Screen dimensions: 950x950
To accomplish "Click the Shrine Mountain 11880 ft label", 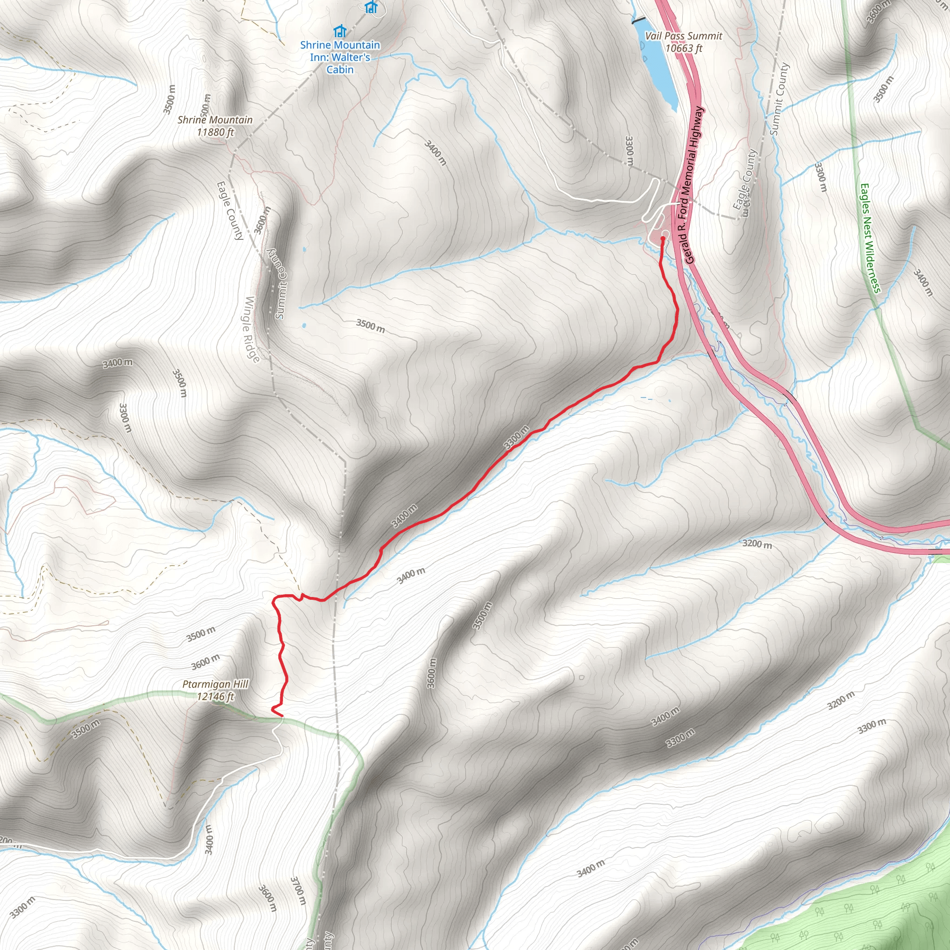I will pos(215,126).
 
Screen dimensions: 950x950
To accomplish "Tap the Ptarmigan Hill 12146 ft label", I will pos(215,690).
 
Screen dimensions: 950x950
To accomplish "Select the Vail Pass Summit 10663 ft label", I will pos(683,42).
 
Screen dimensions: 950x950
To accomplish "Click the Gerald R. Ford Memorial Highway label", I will pos(693,185).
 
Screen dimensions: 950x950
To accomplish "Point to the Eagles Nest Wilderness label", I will pos(870,238).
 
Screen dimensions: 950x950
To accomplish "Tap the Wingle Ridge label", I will pos(252,329).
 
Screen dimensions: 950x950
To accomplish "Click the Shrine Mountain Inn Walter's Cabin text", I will pos(340,57).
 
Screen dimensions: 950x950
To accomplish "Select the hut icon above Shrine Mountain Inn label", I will pos(339,32).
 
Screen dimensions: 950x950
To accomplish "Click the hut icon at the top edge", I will pos(371,7).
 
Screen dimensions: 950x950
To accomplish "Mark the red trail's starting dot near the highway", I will pos(662,238).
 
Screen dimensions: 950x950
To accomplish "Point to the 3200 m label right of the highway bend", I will pos(757,544).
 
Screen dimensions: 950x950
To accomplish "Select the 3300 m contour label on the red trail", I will pos(516,437).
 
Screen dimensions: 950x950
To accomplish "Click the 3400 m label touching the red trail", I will pos(404,516).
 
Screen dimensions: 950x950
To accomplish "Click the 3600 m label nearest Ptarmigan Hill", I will pos(205,661).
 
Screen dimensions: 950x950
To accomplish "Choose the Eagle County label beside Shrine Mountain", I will pos(230,211).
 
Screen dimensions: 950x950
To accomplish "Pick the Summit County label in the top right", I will pos(779,98).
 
